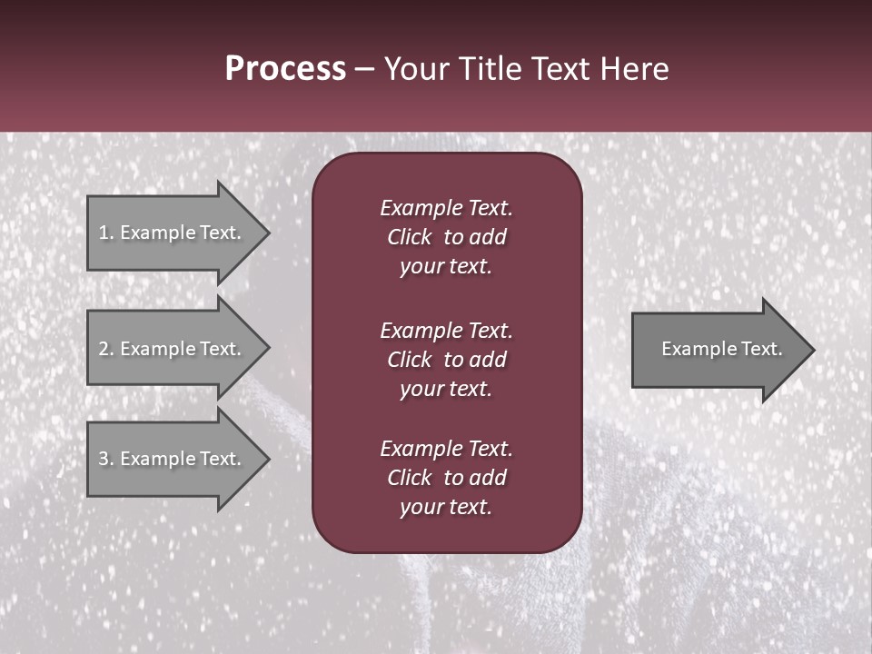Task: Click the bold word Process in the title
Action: click(285, 69)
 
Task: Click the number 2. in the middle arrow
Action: click(106, 349)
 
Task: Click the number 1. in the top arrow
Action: click(106, 233)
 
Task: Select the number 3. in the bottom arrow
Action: click(106, 459)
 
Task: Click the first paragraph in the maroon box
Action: click(446, 237)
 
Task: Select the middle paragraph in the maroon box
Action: click(446, 360)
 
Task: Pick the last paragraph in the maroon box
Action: click(446, 478)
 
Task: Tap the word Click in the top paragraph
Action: click(409, 237)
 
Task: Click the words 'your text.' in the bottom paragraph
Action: click(446, 508)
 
